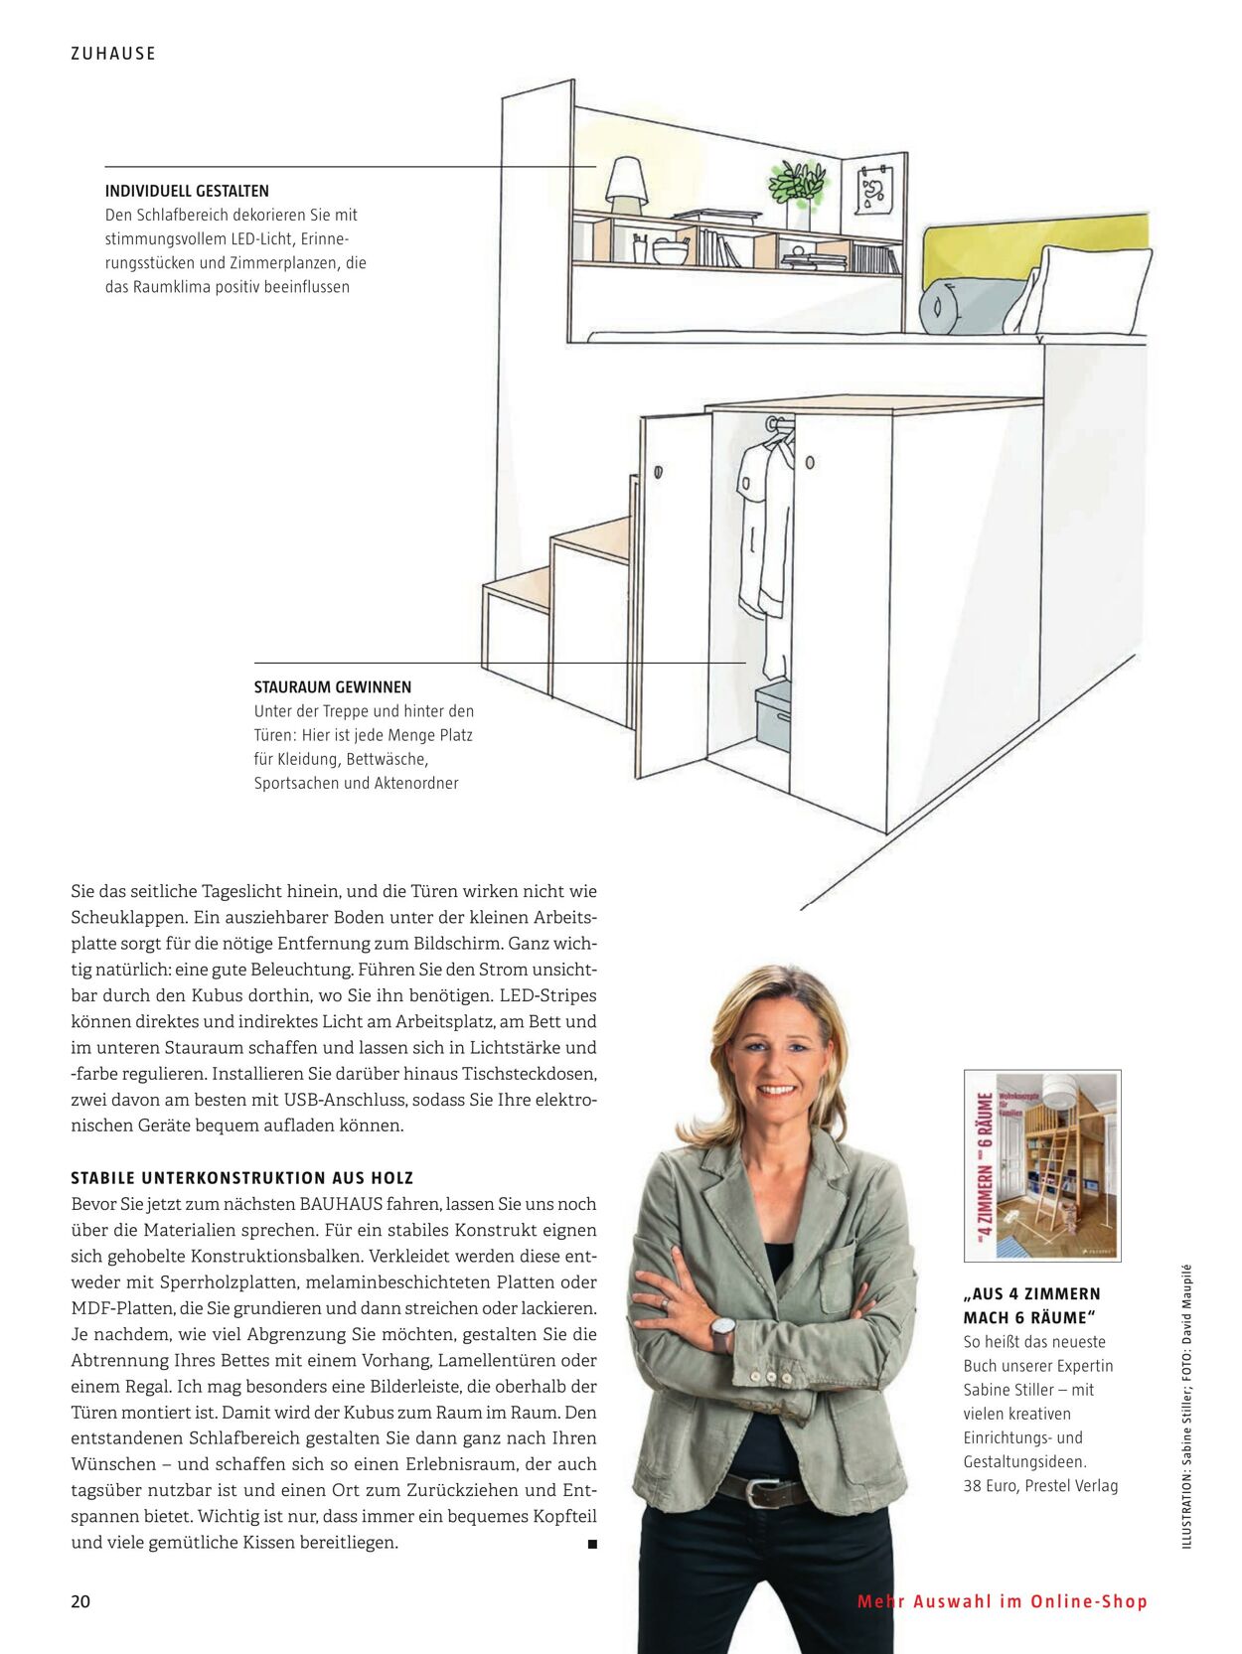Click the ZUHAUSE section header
[x=113, y=54]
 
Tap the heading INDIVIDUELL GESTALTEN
[x=187, y=191]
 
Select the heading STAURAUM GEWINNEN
[x=332, y=686]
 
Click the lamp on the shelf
[x=626, y=185]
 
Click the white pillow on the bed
[x=1088, y=289]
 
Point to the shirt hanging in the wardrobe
[x=765, y=526]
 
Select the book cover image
[x=1042, y=1165]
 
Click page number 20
[x=80, y=1601]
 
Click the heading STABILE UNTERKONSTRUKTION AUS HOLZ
[x=241, y=1178]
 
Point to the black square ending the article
[x=592, y=1544]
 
